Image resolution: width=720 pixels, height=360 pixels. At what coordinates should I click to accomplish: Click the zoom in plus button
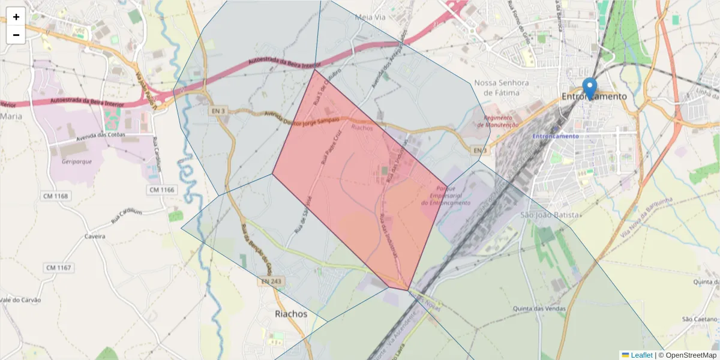16,17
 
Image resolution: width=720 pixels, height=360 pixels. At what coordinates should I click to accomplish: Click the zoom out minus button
16,35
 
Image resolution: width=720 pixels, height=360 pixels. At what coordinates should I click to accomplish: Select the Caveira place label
95,236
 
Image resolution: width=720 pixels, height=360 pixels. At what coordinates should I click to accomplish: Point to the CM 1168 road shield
56,196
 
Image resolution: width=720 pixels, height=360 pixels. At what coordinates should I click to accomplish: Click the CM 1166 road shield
161,190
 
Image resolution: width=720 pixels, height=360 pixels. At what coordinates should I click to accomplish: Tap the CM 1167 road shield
58,266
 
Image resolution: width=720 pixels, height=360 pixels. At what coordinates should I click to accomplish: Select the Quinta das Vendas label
539,308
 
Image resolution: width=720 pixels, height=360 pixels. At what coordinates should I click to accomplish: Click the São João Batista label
550,215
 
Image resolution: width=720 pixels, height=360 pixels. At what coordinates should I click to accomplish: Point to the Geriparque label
76,161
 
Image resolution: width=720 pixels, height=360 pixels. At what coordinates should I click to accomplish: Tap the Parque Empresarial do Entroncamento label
446,196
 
